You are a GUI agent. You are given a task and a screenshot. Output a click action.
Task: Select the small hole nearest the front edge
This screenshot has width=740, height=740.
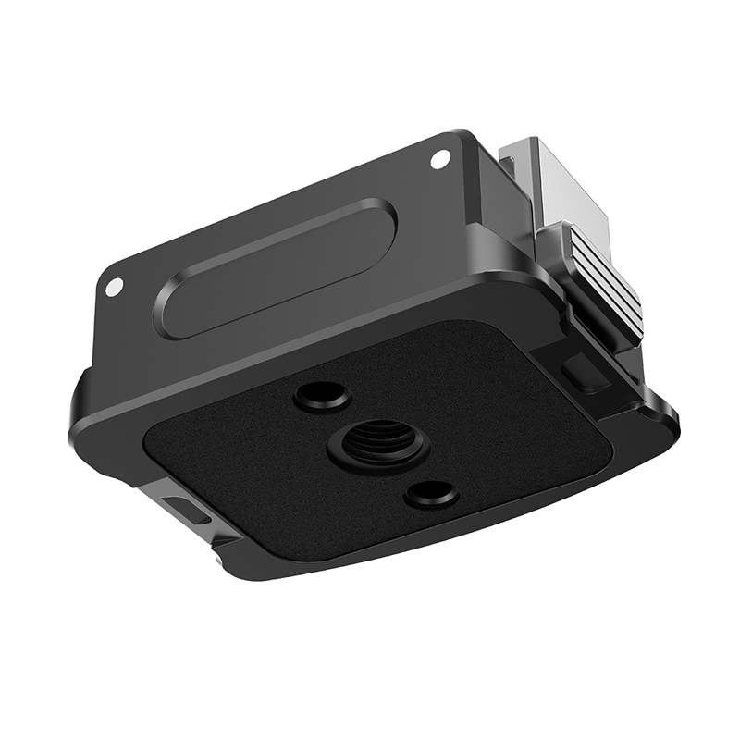pos(431,494)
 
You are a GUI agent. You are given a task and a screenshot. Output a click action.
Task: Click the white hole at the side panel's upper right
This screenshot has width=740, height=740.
pos(440,159)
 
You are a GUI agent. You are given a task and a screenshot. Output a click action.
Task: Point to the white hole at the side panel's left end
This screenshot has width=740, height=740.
pos(113,288)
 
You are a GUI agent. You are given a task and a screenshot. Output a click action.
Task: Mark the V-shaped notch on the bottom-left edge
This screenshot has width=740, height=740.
pos(217,551)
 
